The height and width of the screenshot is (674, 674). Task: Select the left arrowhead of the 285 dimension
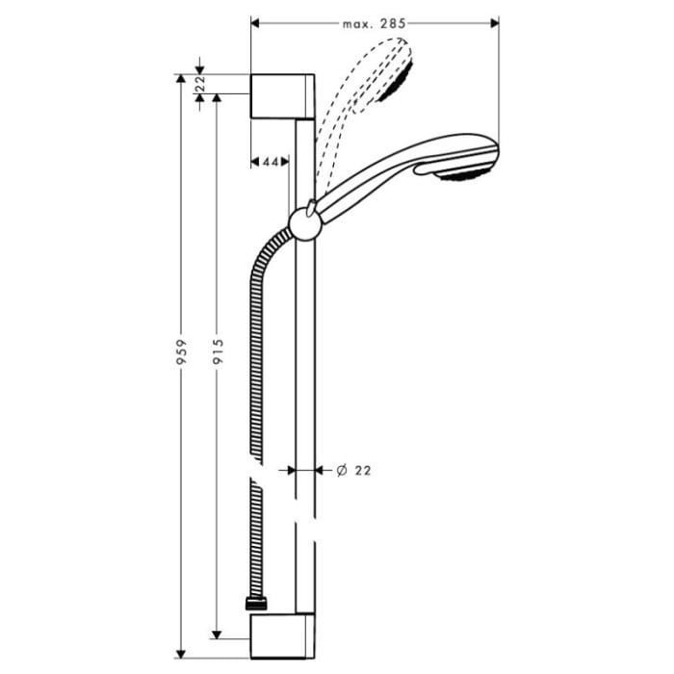255,21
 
